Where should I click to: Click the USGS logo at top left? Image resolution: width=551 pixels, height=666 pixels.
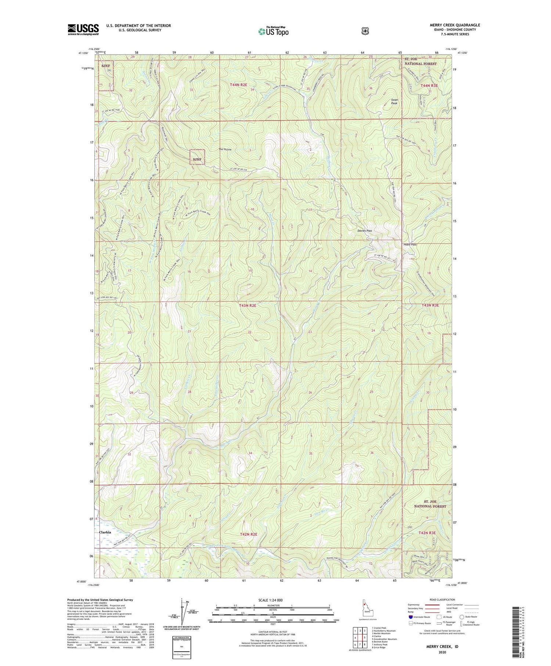pos(83,29)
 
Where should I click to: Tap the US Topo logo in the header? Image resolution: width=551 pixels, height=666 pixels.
pos(273,31)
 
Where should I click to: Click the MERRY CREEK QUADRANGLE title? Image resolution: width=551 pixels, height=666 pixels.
pos(455,25)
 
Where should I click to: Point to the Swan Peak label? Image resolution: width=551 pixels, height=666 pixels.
pos(394,101)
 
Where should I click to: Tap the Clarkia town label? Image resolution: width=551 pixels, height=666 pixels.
pos(105,532)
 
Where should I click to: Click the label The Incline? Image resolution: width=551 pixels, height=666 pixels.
pos(225,150)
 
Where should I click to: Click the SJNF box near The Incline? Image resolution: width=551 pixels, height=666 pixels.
pos(197,157)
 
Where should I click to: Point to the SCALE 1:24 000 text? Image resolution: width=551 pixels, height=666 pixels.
pos(270,600)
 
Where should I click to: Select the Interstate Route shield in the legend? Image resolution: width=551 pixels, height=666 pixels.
pos(411,617)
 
